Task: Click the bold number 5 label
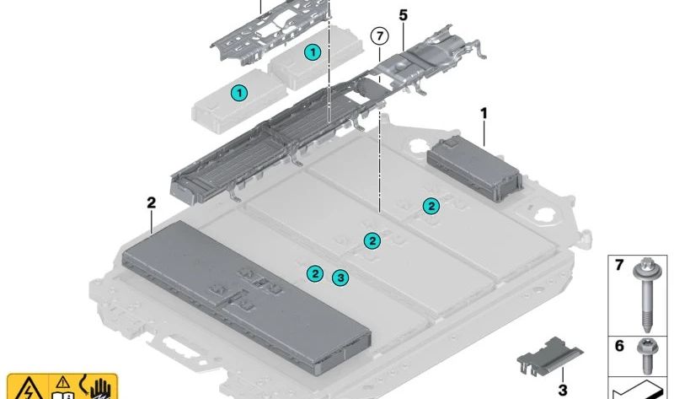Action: (x=403, y=15)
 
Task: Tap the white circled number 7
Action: (x=380, y=36)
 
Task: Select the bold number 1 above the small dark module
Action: (x=484, y=114)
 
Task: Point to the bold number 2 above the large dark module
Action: (x=152, y=202)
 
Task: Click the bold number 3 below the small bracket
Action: (x=563, y=390)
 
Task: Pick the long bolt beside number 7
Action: (x=645, y=295)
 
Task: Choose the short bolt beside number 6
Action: (x=646, y=355)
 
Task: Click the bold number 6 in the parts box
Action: (x=619, y=346)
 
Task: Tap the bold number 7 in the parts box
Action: (x=619, y=265)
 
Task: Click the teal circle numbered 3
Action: (x=340, y=278)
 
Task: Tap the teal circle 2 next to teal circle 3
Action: (x=315, y=273)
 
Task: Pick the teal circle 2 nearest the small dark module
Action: (x=431, y=206)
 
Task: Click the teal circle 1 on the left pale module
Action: (x=239, y=93)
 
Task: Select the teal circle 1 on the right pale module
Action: (x=313, y=52)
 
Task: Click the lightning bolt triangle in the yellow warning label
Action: (x=28, y=389)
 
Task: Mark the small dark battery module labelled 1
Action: (x=474, y=169)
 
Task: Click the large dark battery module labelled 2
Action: (x=246, y=296)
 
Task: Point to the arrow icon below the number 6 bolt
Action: (x=639, y=391)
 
